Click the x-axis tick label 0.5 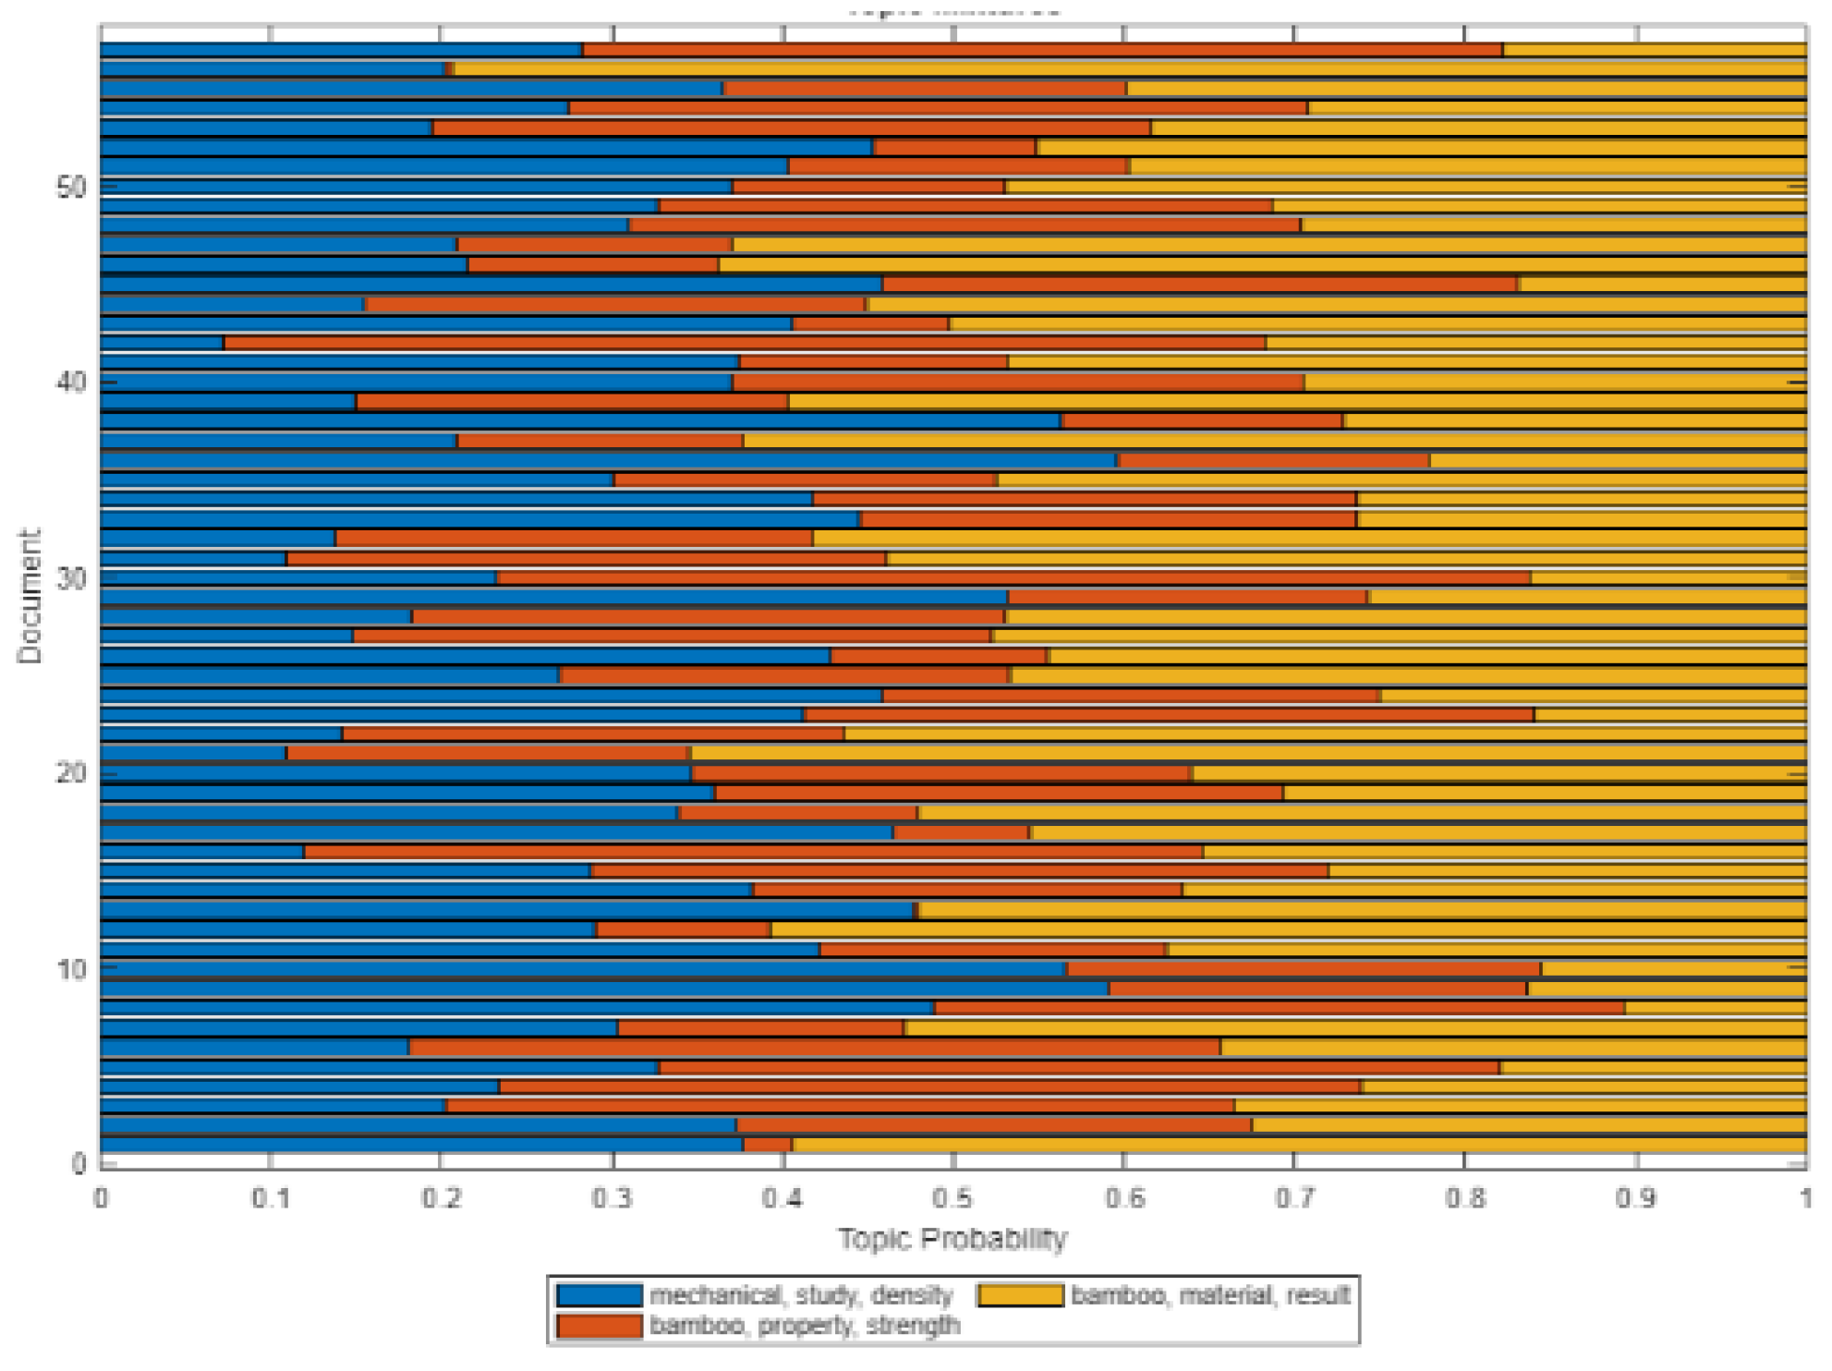[x=952, y=1198]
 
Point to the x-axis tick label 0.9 [x=1636, y=1198]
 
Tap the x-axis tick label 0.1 [x=270, y=1198]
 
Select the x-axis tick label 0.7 [x=1294, y=1198]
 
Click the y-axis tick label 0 [x=79, y=1164]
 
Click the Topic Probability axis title [x=952, y=1239]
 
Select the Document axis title [x=30, y=596]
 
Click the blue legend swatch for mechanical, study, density [x=600, y=1295]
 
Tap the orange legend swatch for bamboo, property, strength [x=600, y=1327]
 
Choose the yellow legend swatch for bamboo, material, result [x=1020, y=1295]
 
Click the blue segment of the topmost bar [x=342, y=50]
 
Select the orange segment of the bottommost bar [x=768, y=1145]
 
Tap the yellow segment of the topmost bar [x=1654, y=50]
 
